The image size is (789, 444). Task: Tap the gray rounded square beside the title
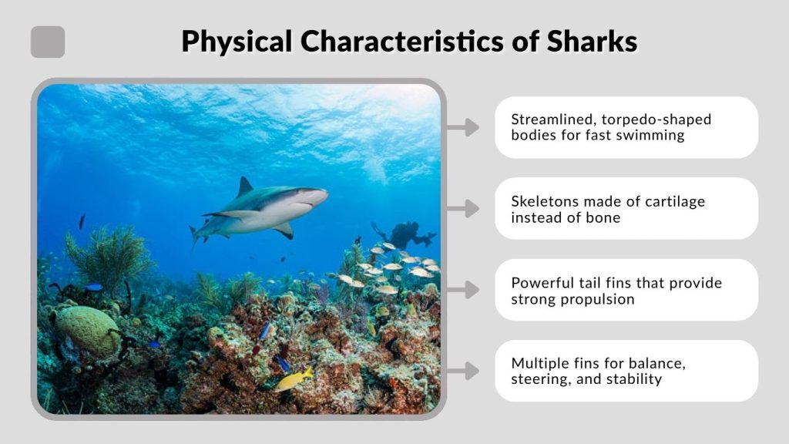click(x=48, y=42)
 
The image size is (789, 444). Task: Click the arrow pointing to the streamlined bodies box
click(x=463, y=128)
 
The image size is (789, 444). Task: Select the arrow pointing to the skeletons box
click(x=463, y=209)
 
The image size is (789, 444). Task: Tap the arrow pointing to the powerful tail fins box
click(x=463, y=290)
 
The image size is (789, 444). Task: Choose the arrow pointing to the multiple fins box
click(x=463, y=371)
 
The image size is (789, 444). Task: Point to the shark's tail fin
click(x=197, y=231)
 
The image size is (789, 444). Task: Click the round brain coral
click(x=86, y=331)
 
